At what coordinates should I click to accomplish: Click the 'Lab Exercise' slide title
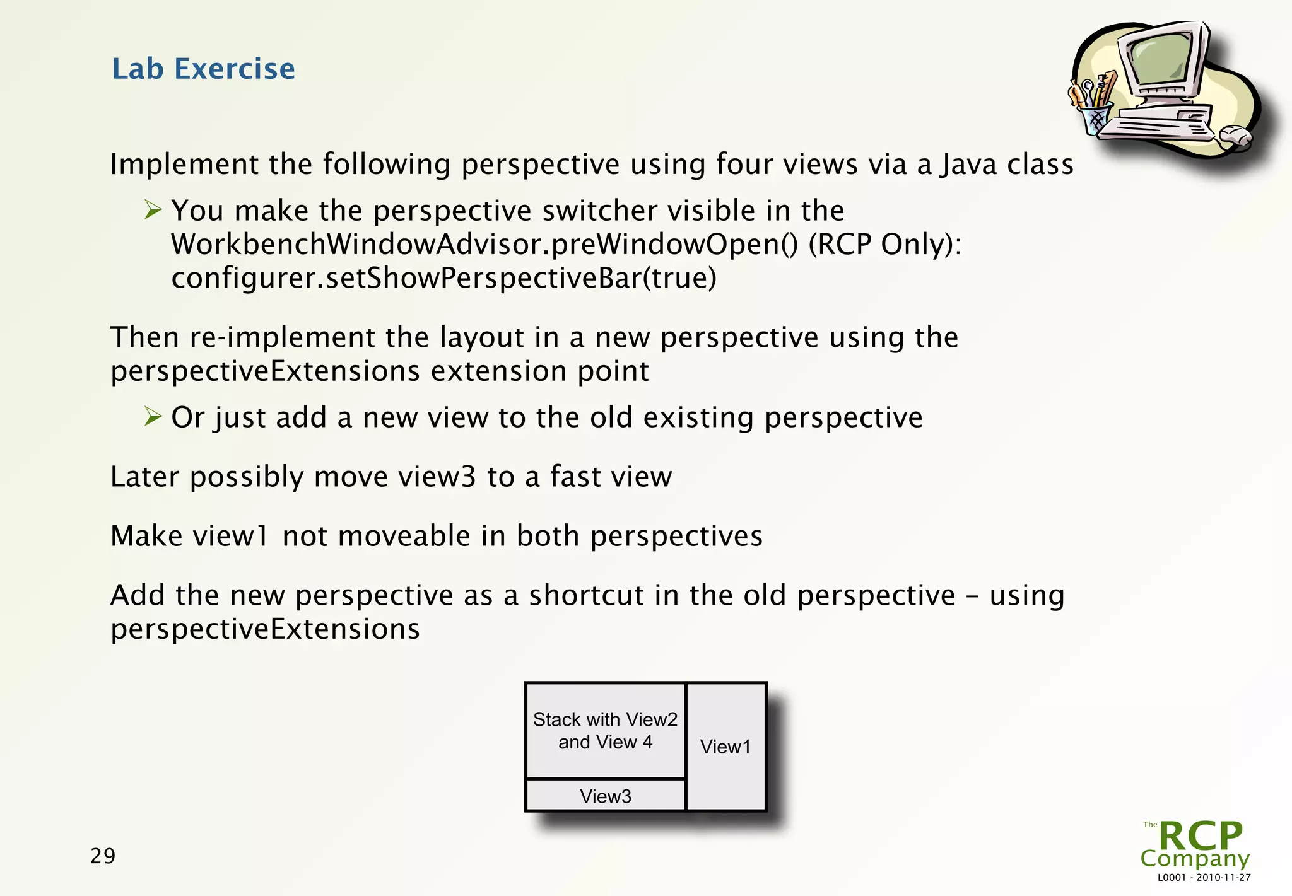click(x=203, y=69)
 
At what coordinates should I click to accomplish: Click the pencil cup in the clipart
click(x=1096, y=119)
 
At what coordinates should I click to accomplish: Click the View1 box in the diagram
click(x=725, y=747)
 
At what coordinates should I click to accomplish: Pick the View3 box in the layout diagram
click(x=606, y=796)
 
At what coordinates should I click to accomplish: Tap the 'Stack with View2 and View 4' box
click(x=606, y=731)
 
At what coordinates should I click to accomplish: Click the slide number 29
click(x=103, y=856)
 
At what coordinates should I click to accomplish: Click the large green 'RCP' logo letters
click(x=1201, y=836)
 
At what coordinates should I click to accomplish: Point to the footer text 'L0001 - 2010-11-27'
click(x=1204, y=878)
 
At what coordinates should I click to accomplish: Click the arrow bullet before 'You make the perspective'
click(x=153, y=209)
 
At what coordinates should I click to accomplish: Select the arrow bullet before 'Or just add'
click(x=153, y=416)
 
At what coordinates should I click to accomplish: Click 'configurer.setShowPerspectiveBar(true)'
click(x=443, y=278)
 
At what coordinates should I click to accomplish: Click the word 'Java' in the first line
click(x=968, y=165)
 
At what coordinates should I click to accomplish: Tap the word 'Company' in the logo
click(x=1194, y=859)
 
